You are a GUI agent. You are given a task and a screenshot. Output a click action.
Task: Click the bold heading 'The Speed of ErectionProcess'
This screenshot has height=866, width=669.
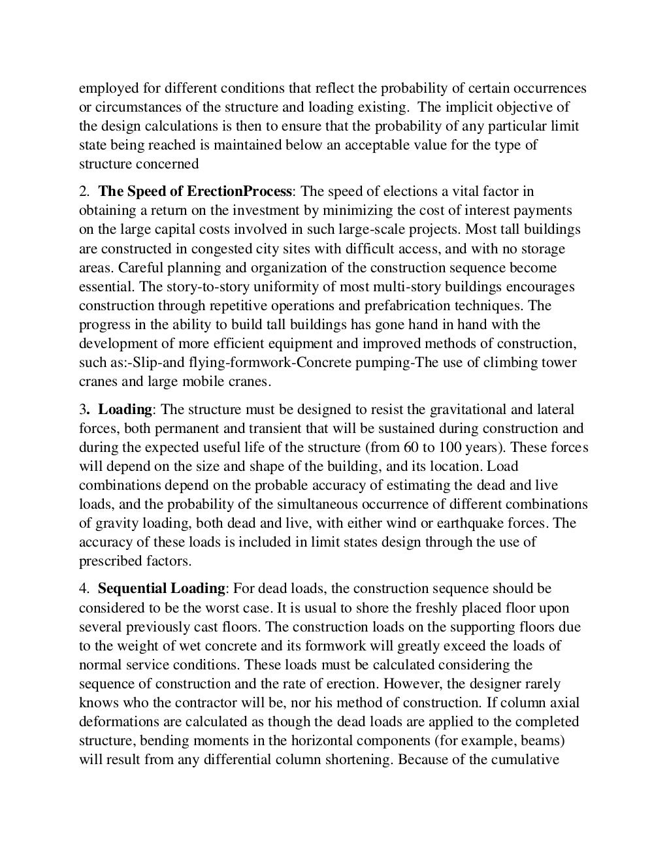coord(195,191)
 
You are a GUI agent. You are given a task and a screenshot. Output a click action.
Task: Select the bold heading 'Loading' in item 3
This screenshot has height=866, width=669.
coord(125,409)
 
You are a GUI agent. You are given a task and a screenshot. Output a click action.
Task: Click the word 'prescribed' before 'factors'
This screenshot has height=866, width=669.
coord(110,561)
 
